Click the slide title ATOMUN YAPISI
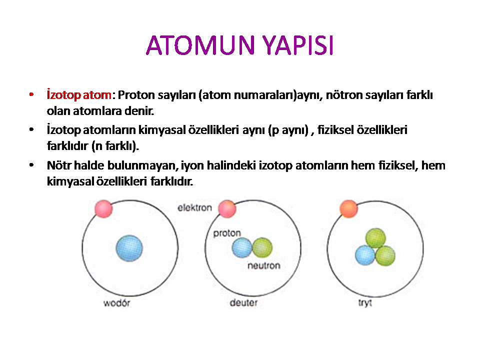coord(239,45)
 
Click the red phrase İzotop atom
coord(79,95)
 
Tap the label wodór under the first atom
coord(116,303)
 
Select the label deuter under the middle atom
coord(243,303)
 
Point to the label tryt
coord(365,303)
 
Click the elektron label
coord(194,208)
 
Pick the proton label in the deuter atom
coord(227,233)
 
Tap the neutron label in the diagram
coord(264,265)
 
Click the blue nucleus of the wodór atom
coord(129,248)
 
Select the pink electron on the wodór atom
coord(104,209)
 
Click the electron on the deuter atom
coord(227,209)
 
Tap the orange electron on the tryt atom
coord(348,209)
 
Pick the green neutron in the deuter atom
coord(262,247)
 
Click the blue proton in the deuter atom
coord(242,247)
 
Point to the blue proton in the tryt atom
coord(365,255)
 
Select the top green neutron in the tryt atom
coord(375,238)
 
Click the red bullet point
coord(31,94)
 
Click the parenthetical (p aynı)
coord(288,130)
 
